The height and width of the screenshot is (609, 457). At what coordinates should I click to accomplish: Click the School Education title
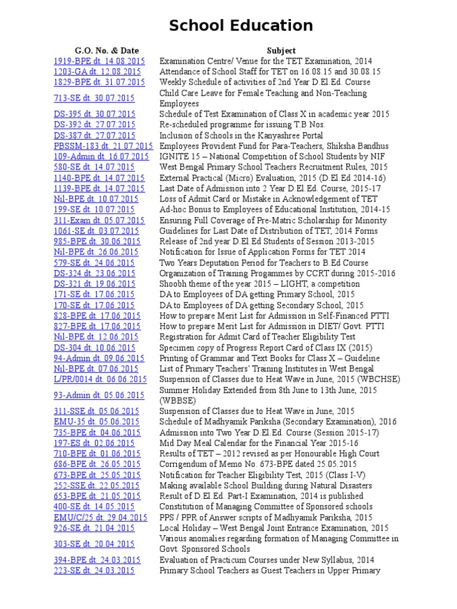click(x=240, y=26)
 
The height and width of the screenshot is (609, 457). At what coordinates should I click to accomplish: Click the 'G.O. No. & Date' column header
click(x=98, y=51)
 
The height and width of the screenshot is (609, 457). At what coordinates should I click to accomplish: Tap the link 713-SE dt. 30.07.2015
click(x=94, y=98)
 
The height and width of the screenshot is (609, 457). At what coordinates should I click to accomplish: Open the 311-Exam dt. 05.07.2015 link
click(x=99, y=220)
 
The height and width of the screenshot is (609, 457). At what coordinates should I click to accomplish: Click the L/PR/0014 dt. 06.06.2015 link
click(x=100, y=379)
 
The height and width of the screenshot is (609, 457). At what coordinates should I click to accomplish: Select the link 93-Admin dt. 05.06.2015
click(x=99, y=395)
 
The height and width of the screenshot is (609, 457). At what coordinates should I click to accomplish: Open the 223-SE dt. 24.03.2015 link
click(x=94, y=570)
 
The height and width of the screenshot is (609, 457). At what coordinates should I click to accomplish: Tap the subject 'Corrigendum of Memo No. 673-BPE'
click(x=258, y=464)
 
